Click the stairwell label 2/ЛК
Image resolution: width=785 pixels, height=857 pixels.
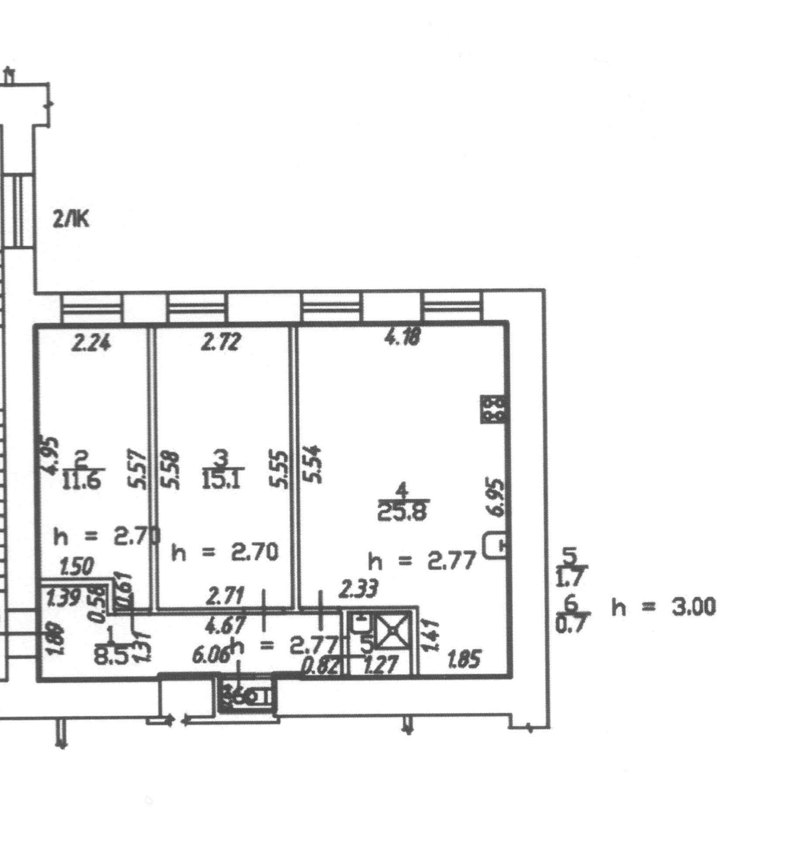70,219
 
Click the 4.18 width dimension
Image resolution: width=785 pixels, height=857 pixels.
402,337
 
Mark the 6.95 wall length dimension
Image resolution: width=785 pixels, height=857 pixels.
498,498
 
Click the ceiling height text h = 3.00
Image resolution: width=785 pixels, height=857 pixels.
663,607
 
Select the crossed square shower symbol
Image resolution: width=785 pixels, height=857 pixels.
393,631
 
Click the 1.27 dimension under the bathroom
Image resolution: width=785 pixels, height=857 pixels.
380,665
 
